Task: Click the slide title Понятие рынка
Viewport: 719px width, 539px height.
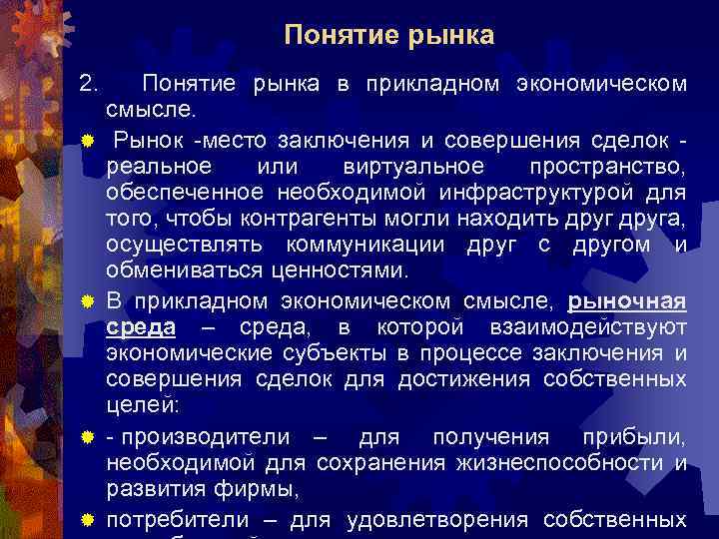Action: tap(388, 36)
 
